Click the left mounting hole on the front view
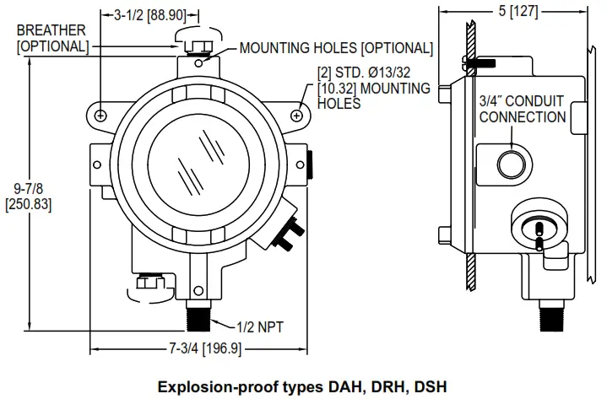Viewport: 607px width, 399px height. tap(100, 114)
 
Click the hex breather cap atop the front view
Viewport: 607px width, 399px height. tap(195, 39)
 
